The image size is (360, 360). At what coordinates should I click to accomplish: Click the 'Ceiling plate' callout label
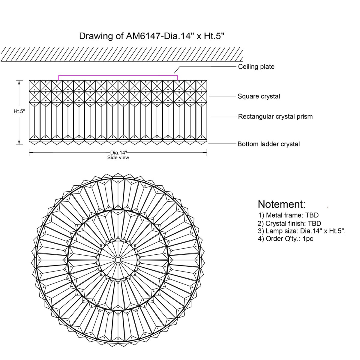pos(256,67)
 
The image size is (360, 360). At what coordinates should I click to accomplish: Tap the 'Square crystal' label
pos(259,96)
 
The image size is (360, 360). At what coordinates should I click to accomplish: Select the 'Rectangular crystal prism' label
pos(275,116)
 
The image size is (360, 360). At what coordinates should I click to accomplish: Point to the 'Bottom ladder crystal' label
pos(268,144)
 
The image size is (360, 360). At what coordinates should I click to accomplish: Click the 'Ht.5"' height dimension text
pos(19,111)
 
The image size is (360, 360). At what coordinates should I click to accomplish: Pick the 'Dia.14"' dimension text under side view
pos(118,152)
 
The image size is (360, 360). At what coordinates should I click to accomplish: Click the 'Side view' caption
pos(118,157)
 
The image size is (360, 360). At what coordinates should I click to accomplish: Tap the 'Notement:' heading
pos(281,204)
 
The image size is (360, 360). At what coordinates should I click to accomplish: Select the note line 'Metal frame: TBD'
pos(288,215)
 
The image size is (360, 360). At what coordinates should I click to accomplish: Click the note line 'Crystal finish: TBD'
pos(289,223)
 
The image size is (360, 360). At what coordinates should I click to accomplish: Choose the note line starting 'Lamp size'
pos(302,231)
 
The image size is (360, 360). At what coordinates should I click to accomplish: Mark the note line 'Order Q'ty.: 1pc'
pos(286,239)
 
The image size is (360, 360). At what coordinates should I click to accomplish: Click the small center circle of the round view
pos(118,259)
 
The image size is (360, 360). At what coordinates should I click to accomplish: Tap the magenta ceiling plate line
pos(118,75)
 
